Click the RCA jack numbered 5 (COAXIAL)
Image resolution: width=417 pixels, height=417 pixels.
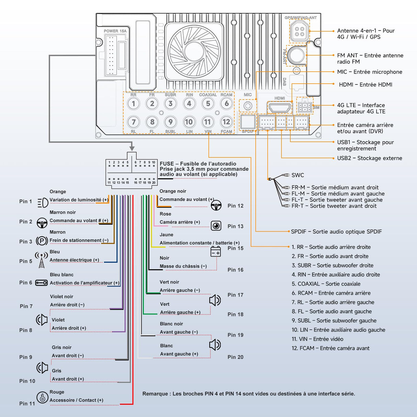(x=208, y=104)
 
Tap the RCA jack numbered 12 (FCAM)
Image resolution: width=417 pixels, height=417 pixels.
(x=226, y=122)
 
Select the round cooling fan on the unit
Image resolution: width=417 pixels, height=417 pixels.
(x=194, y=51)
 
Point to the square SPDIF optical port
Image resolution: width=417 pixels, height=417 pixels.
(x=248, y=122)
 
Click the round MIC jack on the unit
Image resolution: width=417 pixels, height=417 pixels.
(x=248, y=106)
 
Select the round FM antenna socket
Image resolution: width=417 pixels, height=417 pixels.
(x=296, y=55)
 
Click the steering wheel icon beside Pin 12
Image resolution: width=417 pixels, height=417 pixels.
(x=216, y=206)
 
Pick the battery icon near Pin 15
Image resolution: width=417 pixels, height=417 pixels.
(x=216, y=252)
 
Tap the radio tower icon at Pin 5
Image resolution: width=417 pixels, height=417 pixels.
(x=42, y=260)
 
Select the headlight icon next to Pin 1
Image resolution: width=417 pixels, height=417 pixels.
(x=43, y=203)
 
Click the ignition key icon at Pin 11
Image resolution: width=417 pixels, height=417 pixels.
(x=42, y=398)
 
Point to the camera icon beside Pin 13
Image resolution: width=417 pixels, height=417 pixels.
(x=216, y=226)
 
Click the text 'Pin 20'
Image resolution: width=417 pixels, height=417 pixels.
(x=235, y=357)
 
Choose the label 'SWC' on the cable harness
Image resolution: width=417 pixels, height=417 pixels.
(x=298, y=175)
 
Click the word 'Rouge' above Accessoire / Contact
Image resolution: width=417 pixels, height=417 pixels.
(x=57, y=392)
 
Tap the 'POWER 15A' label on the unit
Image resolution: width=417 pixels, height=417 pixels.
(x=115, y=31)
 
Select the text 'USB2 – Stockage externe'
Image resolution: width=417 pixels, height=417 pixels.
(x=370, y=158)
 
